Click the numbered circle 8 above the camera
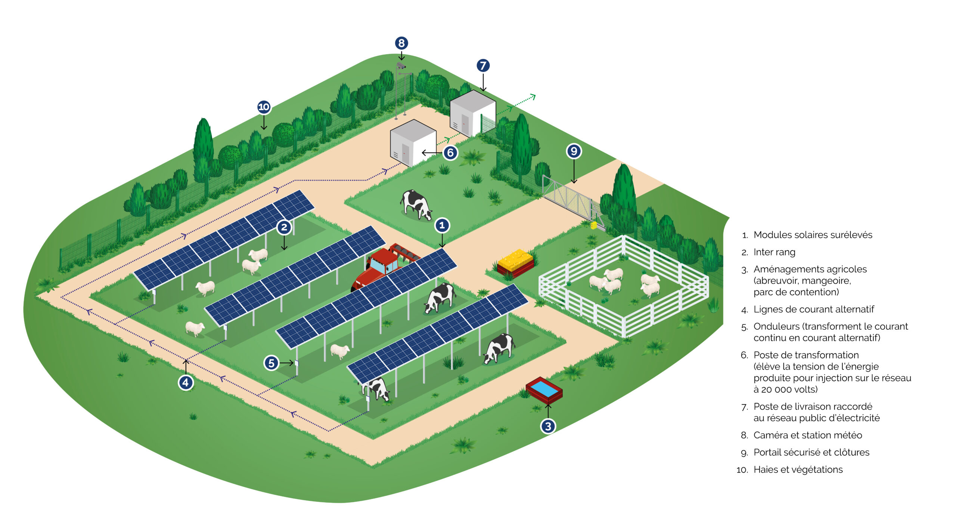pyautogui.click(x=401, y=43)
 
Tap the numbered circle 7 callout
pyautogui.click(x=483, y=65)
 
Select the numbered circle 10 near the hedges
pyautogui.click(x=264, y=107)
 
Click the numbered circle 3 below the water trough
pyautogui.click(x=548, y=426)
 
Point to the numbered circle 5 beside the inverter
pyautogui.click(x=271, y=363)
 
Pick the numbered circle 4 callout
pyautogui.click(x=186, y=382)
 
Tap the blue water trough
pyautogui.click(x=544, y=390)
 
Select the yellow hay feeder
pyautogui.click(x=516, y=263)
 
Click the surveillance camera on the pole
pyautogui.click(x=401, y=66)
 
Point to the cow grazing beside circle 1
pyautogui.click(x=416, y=204)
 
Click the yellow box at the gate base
pyautogui.click(x=593, y=225)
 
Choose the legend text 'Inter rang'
pyautogui.click(x=774, y=252)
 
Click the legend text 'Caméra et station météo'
pyautogui.click(x=808, y=435)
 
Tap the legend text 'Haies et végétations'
pyautogui.click(x=798, y=470)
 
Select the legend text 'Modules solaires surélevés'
pyautogui.click(x=813, y=235)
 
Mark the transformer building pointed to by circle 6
pyautogui.click(x=413, y=143)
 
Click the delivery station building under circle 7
pyautogui.click(x=473, y=113)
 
